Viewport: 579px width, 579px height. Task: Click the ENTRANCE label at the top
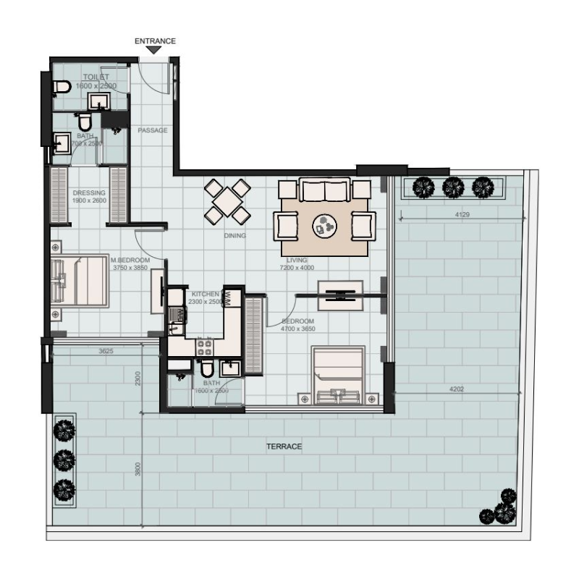pyautogui.click(x=155, y=41)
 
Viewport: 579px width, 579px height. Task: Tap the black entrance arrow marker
pyautogui.click(x=155, y=50)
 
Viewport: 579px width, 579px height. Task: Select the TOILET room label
pyautogui.click(x=95, y=77)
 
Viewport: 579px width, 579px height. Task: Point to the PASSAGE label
pyautogui.click(x=153, y=130)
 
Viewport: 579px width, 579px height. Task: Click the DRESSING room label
pyautogui.click(x=89, y=193)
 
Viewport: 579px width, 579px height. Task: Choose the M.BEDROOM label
pyautogui.click(x=130, y=260)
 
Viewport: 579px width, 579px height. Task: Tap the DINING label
pyautogui.click(x=234, y=236)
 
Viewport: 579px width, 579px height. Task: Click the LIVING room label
pyautogui.click(x=297, y=260)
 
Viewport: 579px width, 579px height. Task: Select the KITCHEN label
pyautogui.click(x=205, y=294)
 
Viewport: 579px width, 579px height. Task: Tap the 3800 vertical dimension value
pyautogui.click(x=138, y=469)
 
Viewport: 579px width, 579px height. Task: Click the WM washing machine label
pyautogui.click(x=227, y=297)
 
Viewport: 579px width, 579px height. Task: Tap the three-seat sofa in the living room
pyautogui.click(x=325, y=190)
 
